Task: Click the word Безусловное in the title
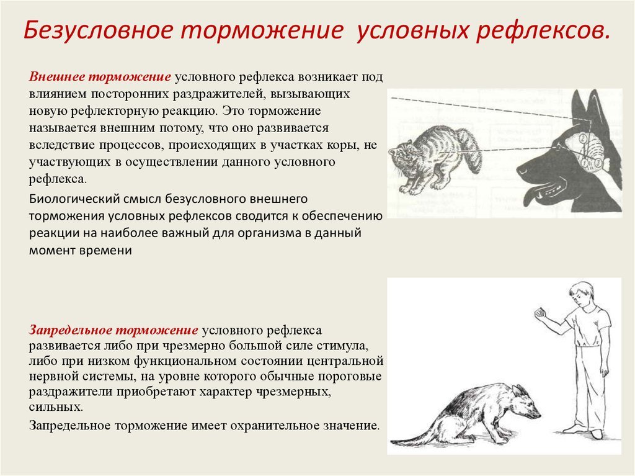click(98, 30)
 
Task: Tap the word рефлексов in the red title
click(543, 30)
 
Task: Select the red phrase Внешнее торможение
click(100, 76)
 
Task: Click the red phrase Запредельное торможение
click(113, 330)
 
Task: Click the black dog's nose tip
click(521, 169)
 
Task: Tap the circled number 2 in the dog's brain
click(582, 138)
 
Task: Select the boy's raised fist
click(539, 313)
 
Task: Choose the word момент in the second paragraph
click(52, 251)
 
